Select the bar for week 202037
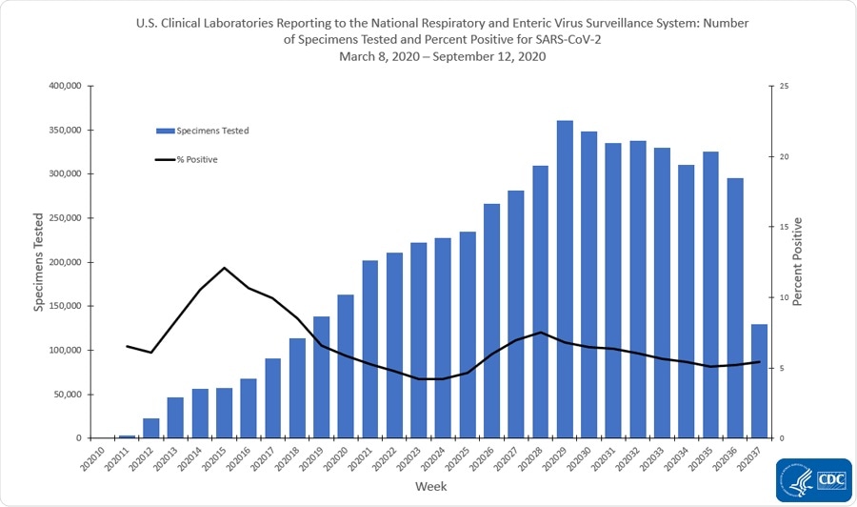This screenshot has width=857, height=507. pos(759,381)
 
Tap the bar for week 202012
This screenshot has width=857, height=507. pos(151,428)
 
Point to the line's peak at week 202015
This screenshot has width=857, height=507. pos(224,268)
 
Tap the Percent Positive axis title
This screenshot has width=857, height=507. pos(798,261)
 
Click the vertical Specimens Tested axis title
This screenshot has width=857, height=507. pos(38,261)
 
